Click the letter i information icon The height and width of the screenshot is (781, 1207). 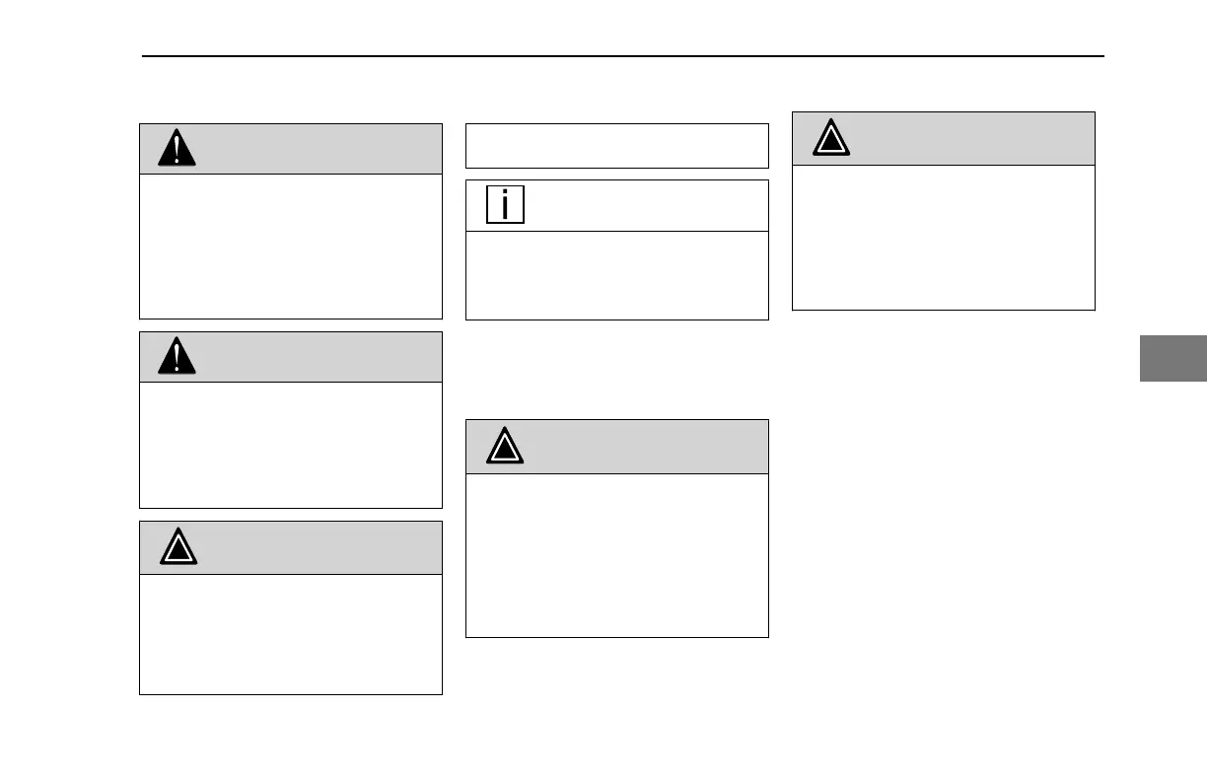[505, 205]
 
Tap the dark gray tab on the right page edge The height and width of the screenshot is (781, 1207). [1173, 358]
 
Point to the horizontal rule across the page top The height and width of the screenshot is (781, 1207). [623, 56]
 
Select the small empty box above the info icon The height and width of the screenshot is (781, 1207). [616, 146]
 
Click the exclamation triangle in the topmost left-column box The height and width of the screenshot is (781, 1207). [177, 149]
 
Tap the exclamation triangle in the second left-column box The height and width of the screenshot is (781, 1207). [177, 357]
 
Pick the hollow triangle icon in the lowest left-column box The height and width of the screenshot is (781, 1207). [177, 547]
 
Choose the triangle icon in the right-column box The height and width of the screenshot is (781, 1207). [831, 139]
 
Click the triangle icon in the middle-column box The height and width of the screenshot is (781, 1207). [505, 448]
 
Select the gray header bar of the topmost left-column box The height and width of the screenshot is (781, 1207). [316, 149]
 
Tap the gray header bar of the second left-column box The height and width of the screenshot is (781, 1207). [316, 357]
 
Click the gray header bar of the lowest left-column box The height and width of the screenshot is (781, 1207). [316, 547]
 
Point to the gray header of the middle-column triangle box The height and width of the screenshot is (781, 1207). [641, 447]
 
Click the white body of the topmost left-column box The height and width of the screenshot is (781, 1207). [291, 247]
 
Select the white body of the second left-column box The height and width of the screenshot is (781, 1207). [291, 445]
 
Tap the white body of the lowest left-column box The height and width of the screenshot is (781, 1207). [291, 634]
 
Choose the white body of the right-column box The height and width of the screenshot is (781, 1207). [944, 237]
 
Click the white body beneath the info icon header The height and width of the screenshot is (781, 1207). [616, 275]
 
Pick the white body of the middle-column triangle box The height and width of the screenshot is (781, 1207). [616, 555]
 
